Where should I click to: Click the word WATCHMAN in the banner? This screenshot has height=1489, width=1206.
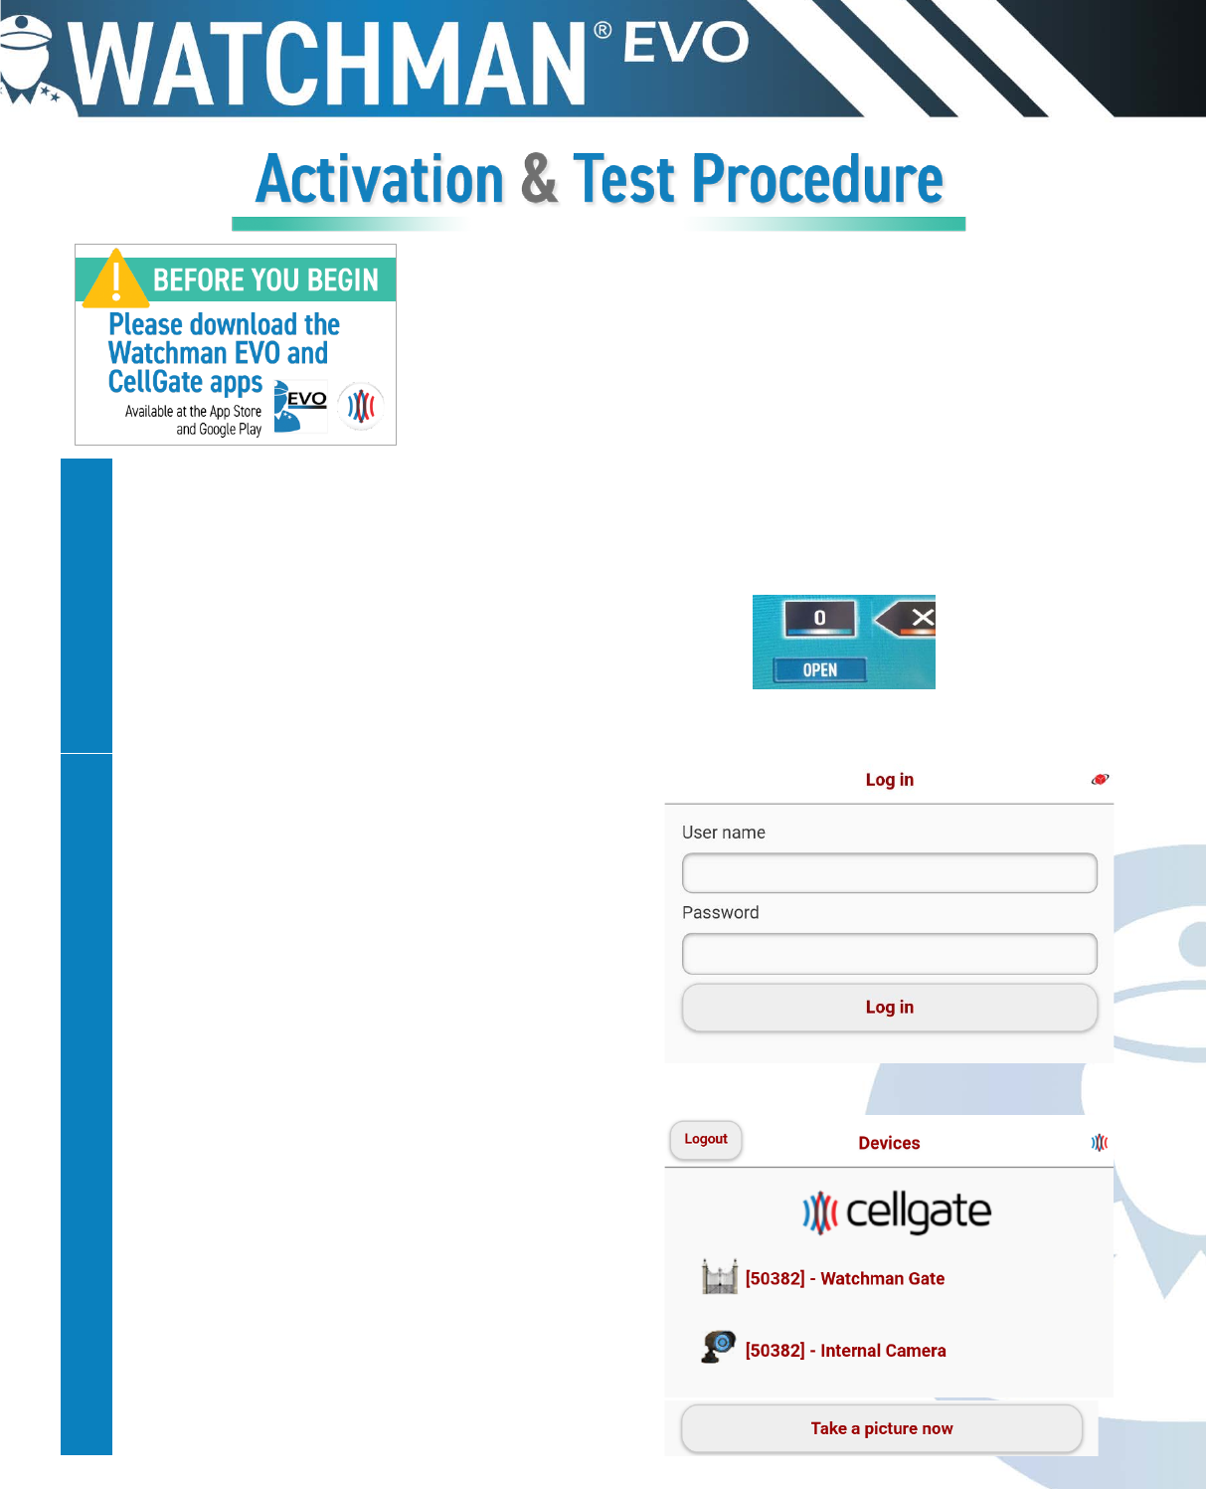click(x=327, y=64)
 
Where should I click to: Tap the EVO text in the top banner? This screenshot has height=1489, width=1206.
click(x=685, y=41)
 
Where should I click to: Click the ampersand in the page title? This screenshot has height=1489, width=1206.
click(x=539, y=178)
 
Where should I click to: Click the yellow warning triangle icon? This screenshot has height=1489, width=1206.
click(x=116, y=279)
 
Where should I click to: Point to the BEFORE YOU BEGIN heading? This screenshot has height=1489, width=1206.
click(x=265, y=279)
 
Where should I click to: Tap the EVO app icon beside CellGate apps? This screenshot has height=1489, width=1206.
click(x=299, y=406)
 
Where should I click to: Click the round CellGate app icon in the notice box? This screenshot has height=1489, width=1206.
click(x=361, y=406)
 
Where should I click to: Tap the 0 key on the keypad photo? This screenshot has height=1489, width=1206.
click(x=819, y=618)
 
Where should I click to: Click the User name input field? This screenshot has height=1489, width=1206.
click(x=890, y=872)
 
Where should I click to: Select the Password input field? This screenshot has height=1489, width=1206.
click(x=890, y=954)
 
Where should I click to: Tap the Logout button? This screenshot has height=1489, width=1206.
click(x=706, y=1139)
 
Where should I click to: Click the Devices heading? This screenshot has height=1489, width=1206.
click(x=889, y=1143)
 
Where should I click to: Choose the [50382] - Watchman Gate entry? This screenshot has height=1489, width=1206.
click(x=845, y=1278)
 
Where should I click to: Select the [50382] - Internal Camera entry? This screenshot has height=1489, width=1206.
click(x=845, y=1351)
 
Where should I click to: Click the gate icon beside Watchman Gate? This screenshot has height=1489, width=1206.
click(x=720, y=1277)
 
